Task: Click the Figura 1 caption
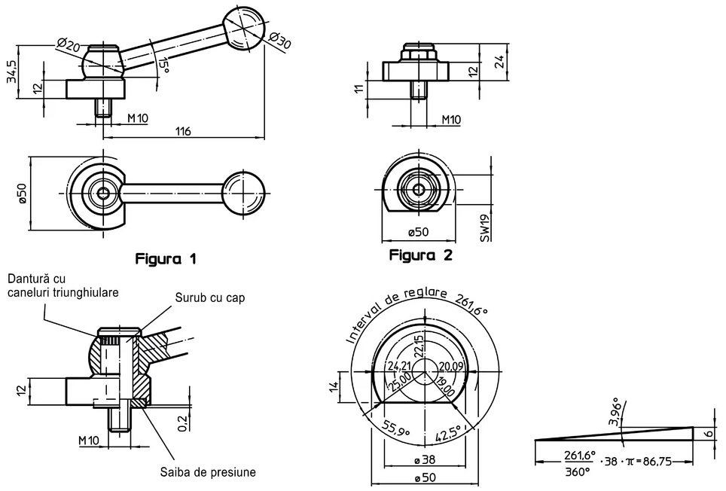[x=166, y=259]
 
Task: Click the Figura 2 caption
[x=420, y=255]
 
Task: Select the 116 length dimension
[x=183, y=132]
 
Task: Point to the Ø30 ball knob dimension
[x=279, y=40]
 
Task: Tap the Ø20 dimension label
[x=69, y=44]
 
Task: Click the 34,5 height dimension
[x=13, y=71]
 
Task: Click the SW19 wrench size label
[x=485, y=228]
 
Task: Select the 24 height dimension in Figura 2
[x=499, y=61]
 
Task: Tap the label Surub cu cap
[x=210, y=297]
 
